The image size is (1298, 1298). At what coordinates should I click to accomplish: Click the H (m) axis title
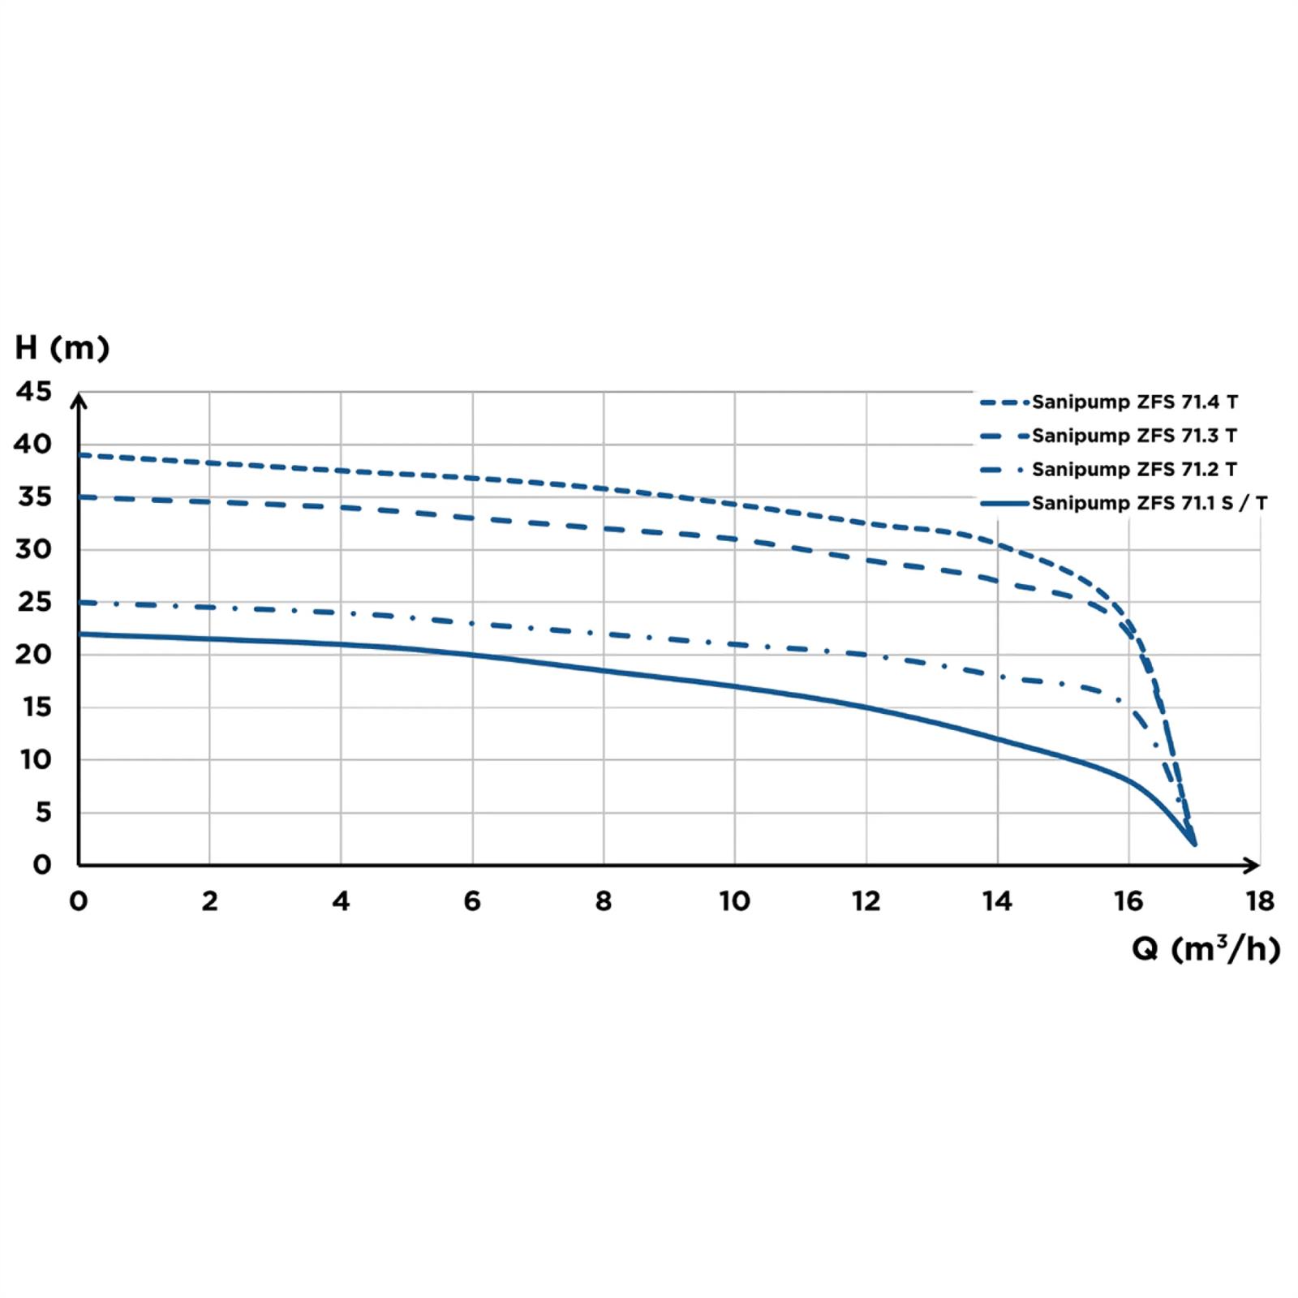point(62,348)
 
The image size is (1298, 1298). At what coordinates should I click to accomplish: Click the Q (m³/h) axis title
point(1206,948)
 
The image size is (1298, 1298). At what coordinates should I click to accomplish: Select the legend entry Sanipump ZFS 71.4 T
point(1134,402)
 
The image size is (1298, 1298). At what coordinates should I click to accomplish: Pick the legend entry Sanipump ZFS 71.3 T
point(1134,436)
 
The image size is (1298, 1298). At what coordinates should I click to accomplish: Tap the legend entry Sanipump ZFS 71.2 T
point(1134,470)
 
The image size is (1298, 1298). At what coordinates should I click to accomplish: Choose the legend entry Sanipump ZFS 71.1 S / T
point(1149,504)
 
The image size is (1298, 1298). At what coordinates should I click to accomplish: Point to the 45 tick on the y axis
point(34,392)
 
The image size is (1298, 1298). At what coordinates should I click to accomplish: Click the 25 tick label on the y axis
point(34,602)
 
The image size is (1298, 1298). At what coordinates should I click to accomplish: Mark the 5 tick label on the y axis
point(43,812)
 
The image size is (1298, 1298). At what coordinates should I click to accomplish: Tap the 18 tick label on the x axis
point(1260,901)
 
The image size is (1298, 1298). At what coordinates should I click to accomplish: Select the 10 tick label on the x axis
point(734,901)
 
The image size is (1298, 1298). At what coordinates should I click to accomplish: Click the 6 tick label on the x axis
point(472,901)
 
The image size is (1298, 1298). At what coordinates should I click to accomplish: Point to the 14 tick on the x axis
point(997,901)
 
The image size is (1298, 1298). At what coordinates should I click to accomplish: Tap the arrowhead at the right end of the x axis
point(1253,865)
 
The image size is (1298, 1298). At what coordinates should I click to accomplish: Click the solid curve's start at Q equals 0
point(80,634)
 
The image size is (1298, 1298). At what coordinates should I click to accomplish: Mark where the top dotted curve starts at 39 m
point(80,455)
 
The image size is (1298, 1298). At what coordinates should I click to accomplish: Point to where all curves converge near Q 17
point(1193,843)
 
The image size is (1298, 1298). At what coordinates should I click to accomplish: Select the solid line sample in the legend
point(1004,504)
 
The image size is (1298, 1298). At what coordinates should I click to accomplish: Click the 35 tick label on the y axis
point(34,496)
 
